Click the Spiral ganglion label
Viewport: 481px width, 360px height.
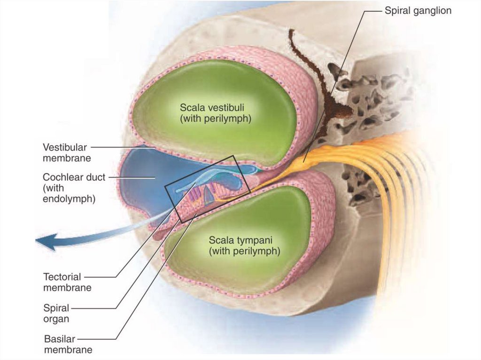click(x=418, y=10)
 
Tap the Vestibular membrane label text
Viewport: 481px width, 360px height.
click(x=67, y=153)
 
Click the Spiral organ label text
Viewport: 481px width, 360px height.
click(x=56, y=314)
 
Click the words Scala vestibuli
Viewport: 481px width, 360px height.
click(x=216, y=108)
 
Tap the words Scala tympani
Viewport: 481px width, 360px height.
click(x=244, y=240)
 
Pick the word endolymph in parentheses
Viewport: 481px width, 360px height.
click(x=69, y=199)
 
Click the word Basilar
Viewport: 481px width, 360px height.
click(x=59, y=339)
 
